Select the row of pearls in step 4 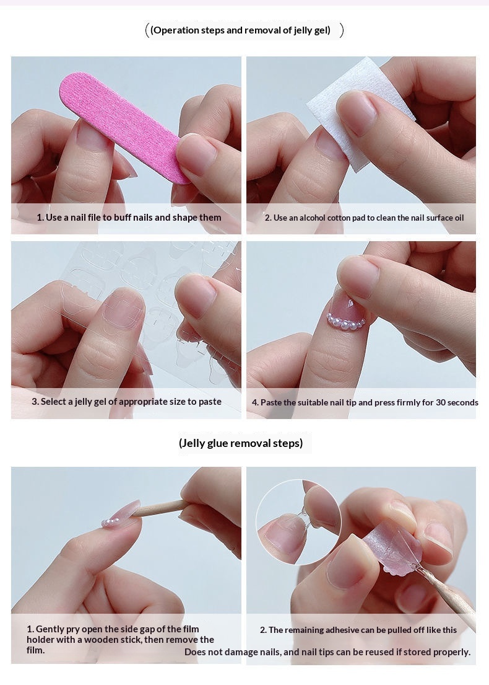coord(346,322)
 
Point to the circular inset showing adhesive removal coord(299,522)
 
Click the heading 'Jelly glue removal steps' coord(241,443)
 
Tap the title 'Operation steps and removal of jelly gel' coord(240,30)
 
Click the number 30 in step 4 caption coord(441,402)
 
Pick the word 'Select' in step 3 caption coord(54,402)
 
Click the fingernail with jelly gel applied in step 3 coord(124,309)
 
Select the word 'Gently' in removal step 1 coord(50,629)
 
